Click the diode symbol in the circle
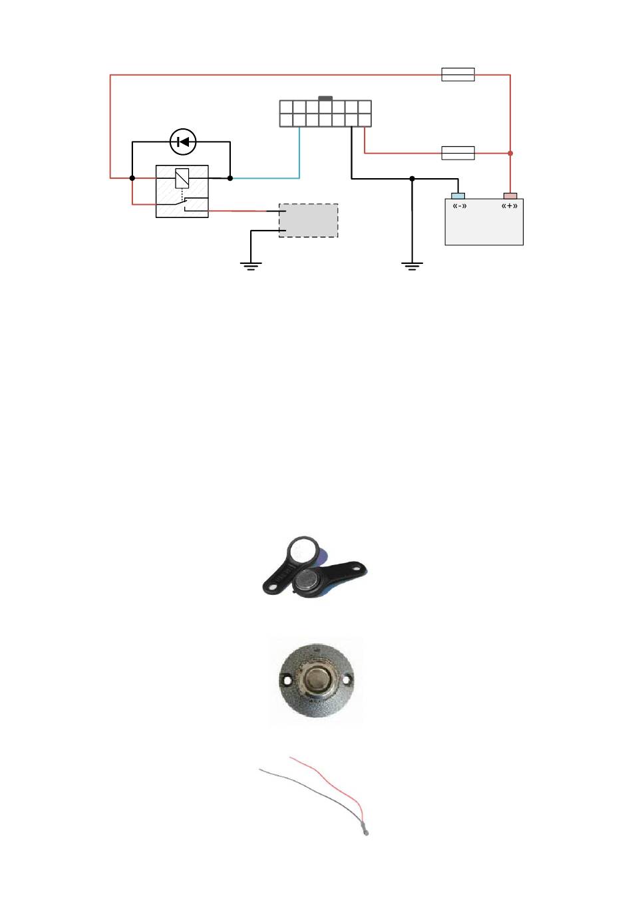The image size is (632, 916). click(x=183, y=142)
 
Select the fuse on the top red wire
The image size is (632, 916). click(x=458, y=74)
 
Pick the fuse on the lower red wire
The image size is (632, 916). click(x=458, y=153)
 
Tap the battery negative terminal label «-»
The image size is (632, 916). click(x=459, y=206)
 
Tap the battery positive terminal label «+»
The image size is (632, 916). click(x=510, y=206)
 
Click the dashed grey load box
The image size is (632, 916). click(x=308, y=221)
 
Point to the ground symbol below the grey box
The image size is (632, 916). click(x=251, y=266)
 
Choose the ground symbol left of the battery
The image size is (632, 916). click(x=412, y=266)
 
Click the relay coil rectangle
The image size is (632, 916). click(x=182, y=178)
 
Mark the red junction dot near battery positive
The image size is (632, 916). click(x=510, y=154)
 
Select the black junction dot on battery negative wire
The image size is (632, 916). click(x=412, y=178)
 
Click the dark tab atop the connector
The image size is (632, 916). click(x=325, y=98)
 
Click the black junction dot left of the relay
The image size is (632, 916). click(x=132, y=178)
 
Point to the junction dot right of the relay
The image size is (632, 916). click(x=230, y=178)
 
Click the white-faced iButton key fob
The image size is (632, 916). click(x=303, y=552)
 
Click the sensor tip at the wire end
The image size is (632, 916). click(x=365, y=830)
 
